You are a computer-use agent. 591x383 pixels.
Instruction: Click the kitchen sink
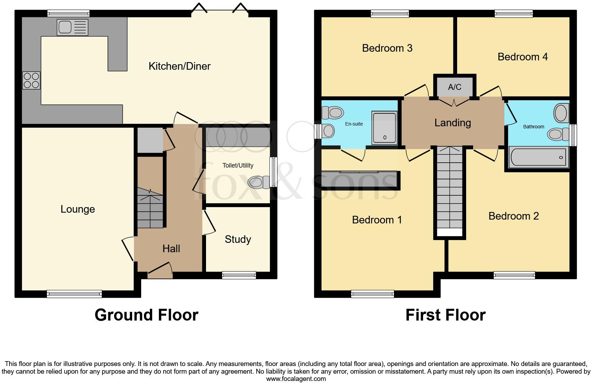tap(72, 27)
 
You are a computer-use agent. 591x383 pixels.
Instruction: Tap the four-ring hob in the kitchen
tap(32, 80)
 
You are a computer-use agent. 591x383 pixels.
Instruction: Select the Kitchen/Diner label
tap(179, 66)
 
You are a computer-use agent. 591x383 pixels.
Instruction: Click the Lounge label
tap(78, 209)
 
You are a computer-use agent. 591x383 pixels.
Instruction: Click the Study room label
tap(238, 239)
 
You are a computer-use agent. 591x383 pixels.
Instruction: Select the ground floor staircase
tap(150, 208)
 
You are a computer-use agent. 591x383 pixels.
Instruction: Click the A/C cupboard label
tap(454, 87)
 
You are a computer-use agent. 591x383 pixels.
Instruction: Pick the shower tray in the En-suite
tap(384, 128)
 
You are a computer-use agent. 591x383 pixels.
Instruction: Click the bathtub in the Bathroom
tap(538, 157)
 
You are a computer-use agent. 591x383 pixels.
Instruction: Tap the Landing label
tap(453, 122)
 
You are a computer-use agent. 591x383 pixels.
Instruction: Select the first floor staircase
tap(449, 191)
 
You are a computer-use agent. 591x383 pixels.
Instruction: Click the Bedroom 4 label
tap(522, 57)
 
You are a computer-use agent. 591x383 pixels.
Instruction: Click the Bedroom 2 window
tap(514, 275)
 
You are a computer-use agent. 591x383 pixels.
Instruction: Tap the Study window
tap(239, 275)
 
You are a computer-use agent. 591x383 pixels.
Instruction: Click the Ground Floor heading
tap(146, 315)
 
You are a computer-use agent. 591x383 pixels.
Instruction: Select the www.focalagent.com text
tap(296, 379)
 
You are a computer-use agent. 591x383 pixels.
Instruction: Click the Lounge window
tap(74, 294)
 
